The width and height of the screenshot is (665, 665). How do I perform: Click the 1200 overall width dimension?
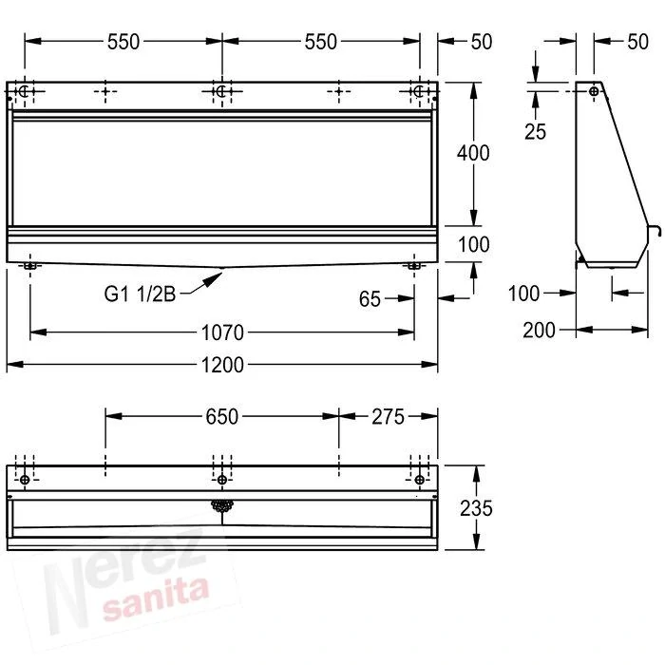(222, 365)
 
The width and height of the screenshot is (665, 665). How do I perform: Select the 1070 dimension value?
(222, 332)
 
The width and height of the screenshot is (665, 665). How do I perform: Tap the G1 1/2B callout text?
(140, 294)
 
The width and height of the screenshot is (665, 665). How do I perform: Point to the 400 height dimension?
(473, 153)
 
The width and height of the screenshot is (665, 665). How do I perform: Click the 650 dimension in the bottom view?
(221, 416)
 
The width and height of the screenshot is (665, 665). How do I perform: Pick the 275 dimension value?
(388, 416)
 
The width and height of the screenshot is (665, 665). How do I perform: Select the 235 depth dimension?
(476, 508)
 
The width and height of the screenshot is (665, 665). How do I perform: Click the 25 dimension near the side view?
(535, 131)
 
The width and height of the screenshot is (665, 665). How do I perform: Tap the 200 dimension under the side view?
(539, 330)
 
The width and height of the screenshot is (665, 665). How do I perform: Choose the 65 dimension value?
(370, 299)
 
